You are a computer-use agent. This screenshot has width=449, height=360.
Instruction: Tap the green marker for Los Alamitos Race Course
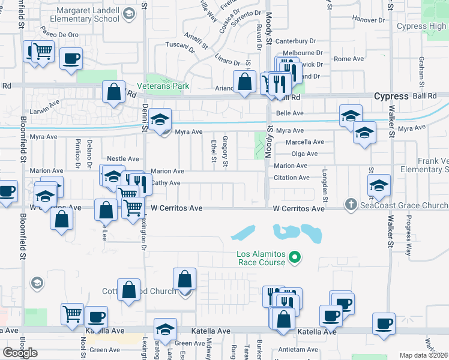[294, 259]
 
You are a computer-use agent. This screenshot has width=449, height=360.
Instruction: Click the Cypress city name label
[391, 96]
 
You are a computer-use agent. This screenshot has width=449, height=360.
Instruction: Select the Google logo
[20, 352]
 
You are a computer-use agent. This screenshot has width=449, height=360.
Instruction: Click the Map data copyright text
[423, 355]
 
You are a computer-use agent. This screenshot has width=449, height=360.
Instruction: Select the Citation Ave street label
[291, 178]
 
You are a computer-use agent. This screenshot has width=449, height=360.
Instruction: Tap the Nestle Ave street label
[122, 158]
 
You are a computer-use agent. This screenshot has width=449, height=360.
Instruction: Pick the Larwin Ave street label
[46, 103]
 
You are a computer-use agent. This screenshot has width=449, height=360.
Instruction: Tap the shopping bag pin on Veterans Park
[113, 92]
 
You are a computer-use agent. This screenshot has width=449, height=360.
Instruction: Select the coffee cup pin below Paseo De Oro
[71, 59]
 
